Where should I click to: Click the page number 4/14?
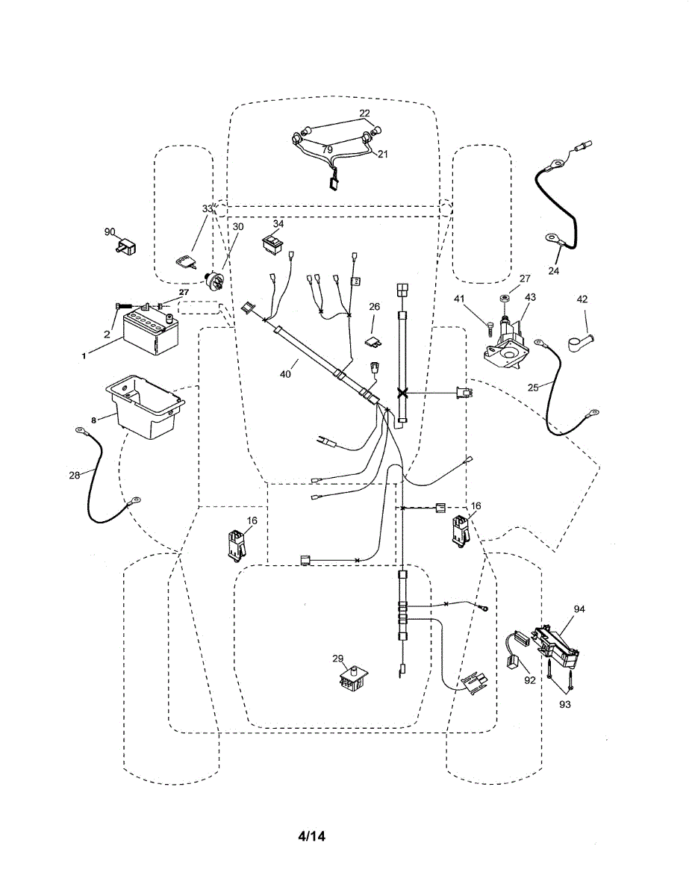click(x=311, y=836)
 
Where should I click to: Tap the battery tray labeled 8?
click(x=146, y=408)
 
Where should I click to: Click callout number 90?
click(x=110, y=232)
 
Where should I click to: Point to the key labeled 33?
click(x=186, y=260)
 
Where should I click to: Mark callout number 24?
click(x=553, y=271)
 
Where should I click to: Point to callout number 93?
click(x=564, y=704)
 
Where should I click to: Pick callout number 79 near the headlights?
click(x=327, y=149)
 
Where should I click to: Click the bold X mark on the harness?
click(x=403, y=393)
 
